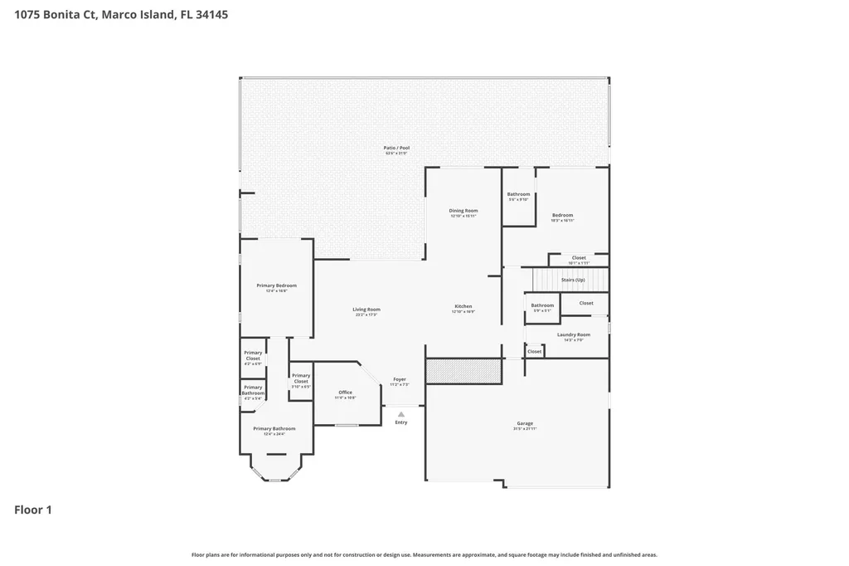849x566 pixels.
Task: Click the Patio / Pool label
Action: [x=396, y=148]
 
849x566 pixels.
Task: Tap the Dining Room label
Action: [x=463, y=211]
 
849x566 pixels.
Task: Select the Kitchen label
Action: [x=463, y=306]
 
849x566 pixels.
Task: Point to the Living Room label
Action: [x=366, y=310]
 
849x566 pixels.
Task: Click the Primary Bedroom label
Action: [x=275, y=285]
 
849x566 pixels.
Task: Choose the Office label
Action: [x=345, y=393]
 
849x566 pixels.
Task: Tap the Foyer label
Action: [x=400, y=379]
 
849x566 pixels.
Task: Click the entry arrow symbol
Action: [x=401, y=413]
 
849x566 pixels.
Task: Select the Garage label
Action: [x=525, y=423]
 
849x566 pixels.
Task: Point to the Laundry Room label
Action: [x=573, y=334]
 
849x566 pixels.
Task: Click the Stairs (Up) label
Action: [x=573, y=280]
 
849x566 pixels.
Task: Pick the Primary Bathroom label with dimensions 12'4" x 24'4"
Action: [x=274, y=428]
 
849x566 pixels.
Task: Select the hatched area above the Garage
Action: [x=463, y=371]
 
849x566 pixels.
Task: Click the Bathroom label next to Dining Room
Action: [x=518, y=194]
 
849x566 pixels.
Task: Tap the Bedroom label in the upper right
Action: [x=562, y=215]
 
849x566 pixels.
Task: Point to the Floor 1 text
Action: [x=33, y=510]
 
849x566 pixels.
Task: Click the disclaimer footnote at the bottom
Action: [x=424, y=554]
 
